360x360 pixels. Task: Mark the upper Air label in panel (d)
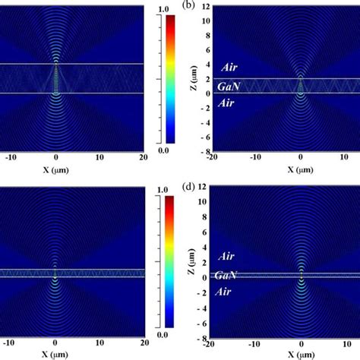(227, 258)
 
